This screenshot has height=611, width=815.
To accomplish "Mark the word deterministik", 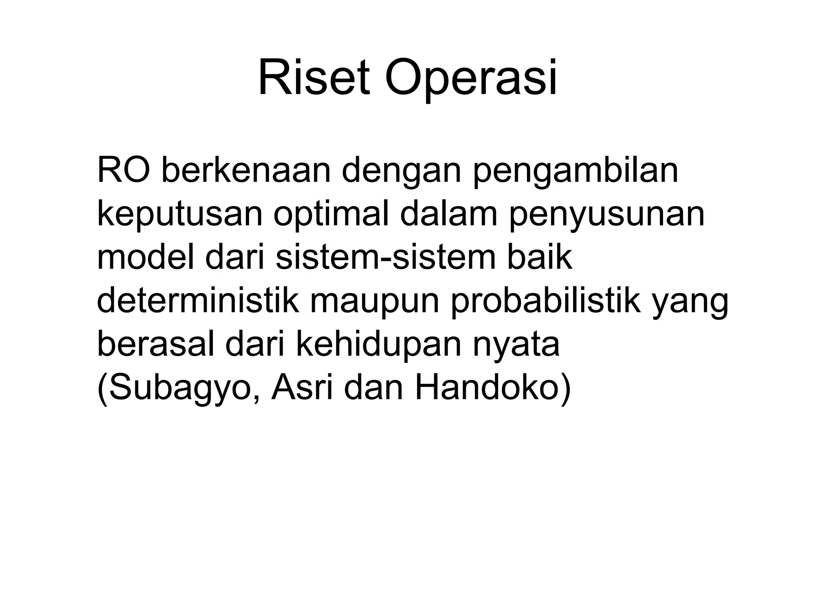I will [197, 302].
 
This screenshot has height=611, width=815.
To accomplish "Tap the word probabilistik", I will [545, 302].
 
